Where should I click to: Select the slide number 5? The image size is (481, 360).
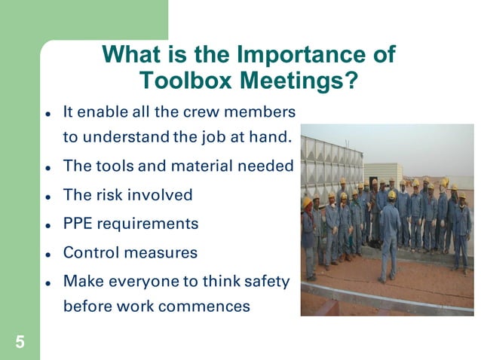click(20, 343)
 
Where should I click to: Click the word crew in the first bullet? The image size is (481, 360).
click(203, 111)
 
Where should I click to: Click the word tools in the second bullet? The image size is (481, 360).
click(109, 166)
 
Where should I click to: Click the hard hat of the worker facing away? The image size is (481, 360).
click(391, 195)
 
